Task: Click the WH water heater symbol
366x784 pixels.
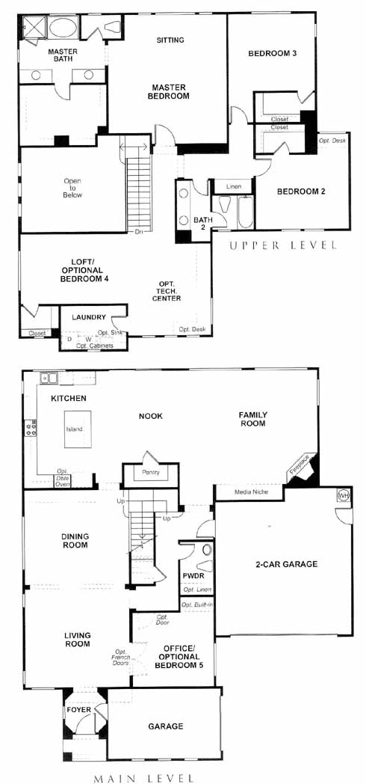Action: coord(343,495)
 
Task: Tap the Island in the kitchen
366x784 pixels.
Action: coord(78,429)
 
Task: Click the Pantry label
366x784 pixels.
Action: coord(150,473)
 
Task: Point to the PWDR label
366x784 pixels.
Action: coord(192,576)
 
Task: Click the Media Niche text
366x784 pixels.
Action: coord(251,492)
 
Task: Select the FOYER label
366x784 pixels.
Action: coord(79,709)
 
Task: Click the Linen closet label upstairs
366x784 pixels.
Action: coord(234,186)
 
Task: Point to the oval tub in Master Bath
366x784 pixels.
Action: coord(63,26)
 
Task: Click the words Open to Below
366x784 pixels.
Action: coord(72,188)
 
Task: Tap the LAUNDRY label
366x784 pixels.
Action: coord(89,317)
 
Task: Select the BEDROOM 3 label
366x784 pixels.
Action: coord(273,54)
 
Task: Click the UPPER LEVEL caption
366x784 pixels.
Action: coord(282,245)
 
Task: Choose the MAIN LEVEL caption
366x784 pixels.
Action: coord(144,778)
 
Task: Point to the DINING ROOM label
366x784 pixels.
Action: coord(75,541)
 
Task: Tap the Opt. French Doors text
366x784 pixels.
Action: coord(120,657)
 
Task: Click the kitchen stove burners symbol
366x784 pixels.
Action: coord(31,428)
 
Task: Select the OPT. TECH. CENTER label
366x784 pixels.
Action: coord(167,290)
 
